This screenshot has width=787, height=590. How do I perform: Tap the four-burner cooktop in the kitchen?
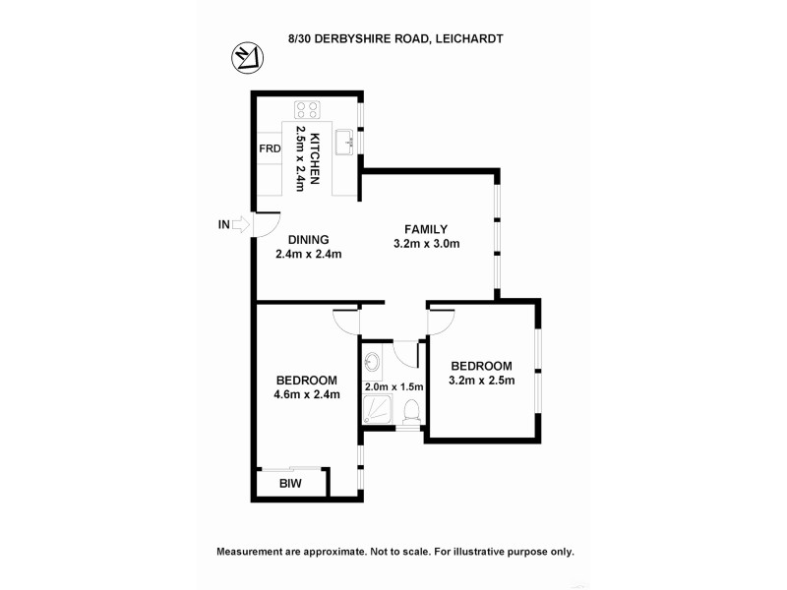click(307, 110)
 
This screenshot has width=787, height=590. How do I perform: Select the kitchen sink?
click(344, 144)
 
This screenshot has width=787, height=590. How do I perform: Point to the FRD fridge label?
click(270, 149)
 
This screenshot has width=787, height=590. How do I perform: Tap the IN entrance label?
click(223, 225)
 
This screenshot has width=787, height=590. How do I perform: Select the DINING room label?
click(308, 239)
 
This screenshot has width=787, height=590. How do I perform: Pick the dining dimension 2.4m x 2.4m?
click(308, 254)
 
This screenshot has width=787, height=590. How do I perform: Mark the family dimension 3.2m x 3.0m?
click(427, 244)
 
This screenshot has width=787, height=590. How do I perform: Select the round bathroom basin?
click(371, 363)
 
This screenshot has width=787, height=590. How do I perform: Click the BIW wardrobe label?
click(289, 484)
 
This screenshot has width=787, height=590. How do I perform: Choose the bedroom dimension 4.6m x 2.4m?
click(307, 395)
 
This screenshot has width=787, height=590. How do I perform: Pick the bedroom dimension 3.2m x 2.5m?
click(481, 381)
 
